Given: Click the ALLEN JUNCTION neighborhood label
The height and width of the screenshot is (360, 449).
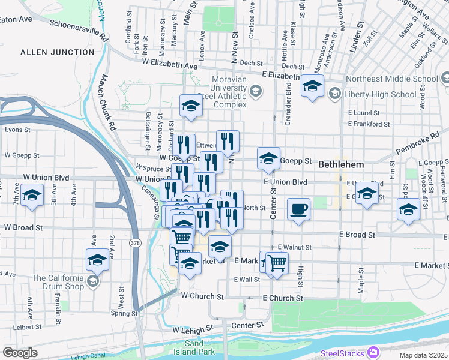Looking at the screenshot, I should pyautogui.click(x=58, y=52).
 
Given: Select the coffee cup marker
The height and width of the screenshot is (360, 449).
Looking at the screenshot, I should pyautogui.click(x=298, y=209).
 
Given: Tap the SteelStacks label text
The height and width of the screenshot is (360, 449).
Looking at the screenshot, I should pyautogui.click(x=343, y=352).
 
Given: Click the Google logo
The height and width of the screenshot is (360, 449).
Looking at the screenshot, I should pyautogui.click(x=20, y=353).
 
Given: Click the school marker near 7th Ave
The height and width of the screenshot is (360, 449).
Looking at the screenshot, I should pyautogui.click(x=32, y=196).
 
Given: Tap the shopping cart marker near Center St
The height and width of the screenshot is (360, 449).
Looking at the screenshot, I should pyautogui.click(x=277, y=262).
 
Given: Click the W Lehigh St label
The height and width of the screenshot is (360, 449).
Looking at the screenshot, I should pyautogui.click(x=193, y=329).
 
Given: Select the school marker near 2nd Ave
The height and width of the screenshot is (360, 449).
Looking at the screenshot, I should pyautogui.click(x=97, y=260).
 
